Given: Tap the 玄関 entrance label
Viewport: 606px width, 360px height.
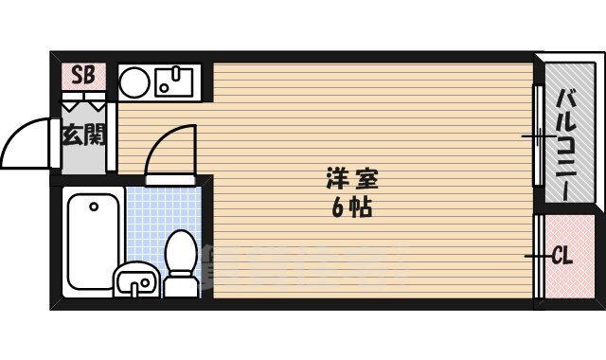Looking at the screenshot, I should tap(83, 135).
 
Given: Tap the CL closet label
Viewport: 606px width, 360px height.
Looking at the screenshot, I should tap(561, 256).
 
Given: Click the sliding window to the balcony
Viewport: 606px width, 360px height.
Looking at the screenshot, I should tap(537, 136).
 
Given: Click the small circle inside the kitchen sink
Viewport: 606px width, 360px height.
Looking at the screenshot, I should tap(164, 88).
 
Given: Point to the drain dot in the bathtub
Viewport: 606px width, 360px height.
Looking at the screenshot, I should tap(94, 205).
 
